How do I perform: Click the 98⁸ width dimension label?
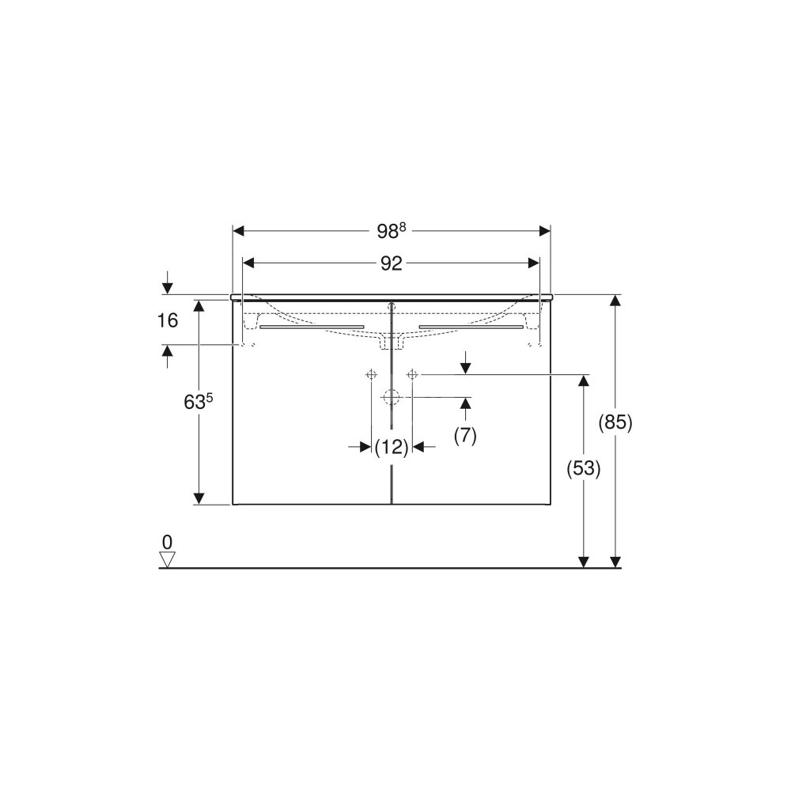(x=392, y=231)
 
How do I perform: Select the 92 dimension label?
(x=391, y=263)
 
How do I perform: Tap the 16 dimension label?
(x=168, y=320)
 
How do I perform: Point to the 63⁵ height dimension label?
(x=199, y=402)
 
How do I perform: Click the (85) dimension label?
(x=615, y=422)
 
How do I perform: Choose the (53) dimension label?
(x=583, y=468)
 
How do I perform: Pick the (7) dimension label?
(x=465, y=435)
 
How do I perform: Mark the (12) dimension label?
(x=392, y=447)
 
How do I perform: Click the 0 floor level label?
(x=167, y=543)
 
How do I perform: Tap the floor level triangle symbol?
(x=167, y=559)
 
